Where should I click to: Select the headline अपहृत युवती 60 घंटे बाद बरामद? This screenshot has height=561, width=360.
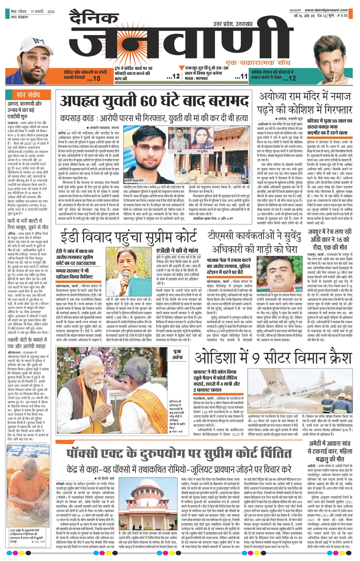pyautogui.click(x=154, y=101)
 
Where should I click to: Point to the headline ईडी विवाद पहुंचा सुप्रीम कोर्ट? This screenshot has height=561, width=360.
pyautogui.click(x=129, y=237)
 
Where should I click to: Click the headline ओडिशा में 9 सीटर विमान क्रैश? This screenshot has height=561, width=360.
pyautogui.click(x=273, y=357)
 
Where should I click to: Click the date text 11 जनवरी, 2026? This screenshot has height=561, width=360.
pyautogui.click(x=42, y=12)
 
